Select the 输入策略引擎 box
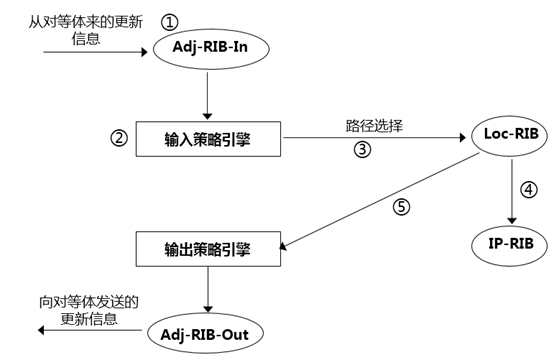(x=206, y=137)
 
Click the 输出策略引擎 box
(x=206, y=244)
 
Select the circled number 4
(x=532, y=187)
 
